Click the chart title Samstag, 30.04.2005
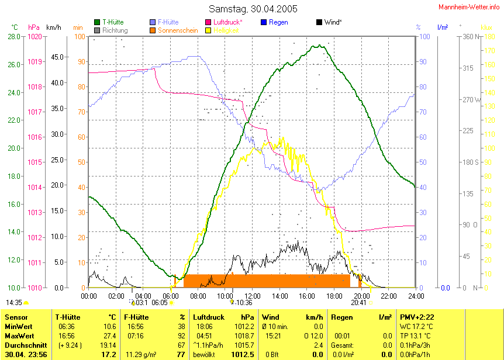coord(253,9)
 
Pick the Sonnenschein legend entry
coord(178,30)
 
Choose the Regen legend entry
coord(278,22)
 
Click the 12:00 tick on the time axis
coord(252,296)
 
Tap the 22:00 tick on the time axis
coord(388,296)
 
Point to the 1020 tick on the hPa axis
coord(35,36)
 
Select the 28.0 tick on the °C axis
coord(13,36)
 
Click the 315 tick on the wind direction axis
coord(468,68)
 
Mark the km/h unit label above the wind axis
coord(53,27)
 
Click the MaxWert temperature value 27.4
coord(109,336)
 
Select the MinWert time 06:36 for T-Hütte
coord(67,327)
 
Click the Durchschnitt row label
coord(25,345)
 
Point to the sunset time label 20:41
coord(359,303)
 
